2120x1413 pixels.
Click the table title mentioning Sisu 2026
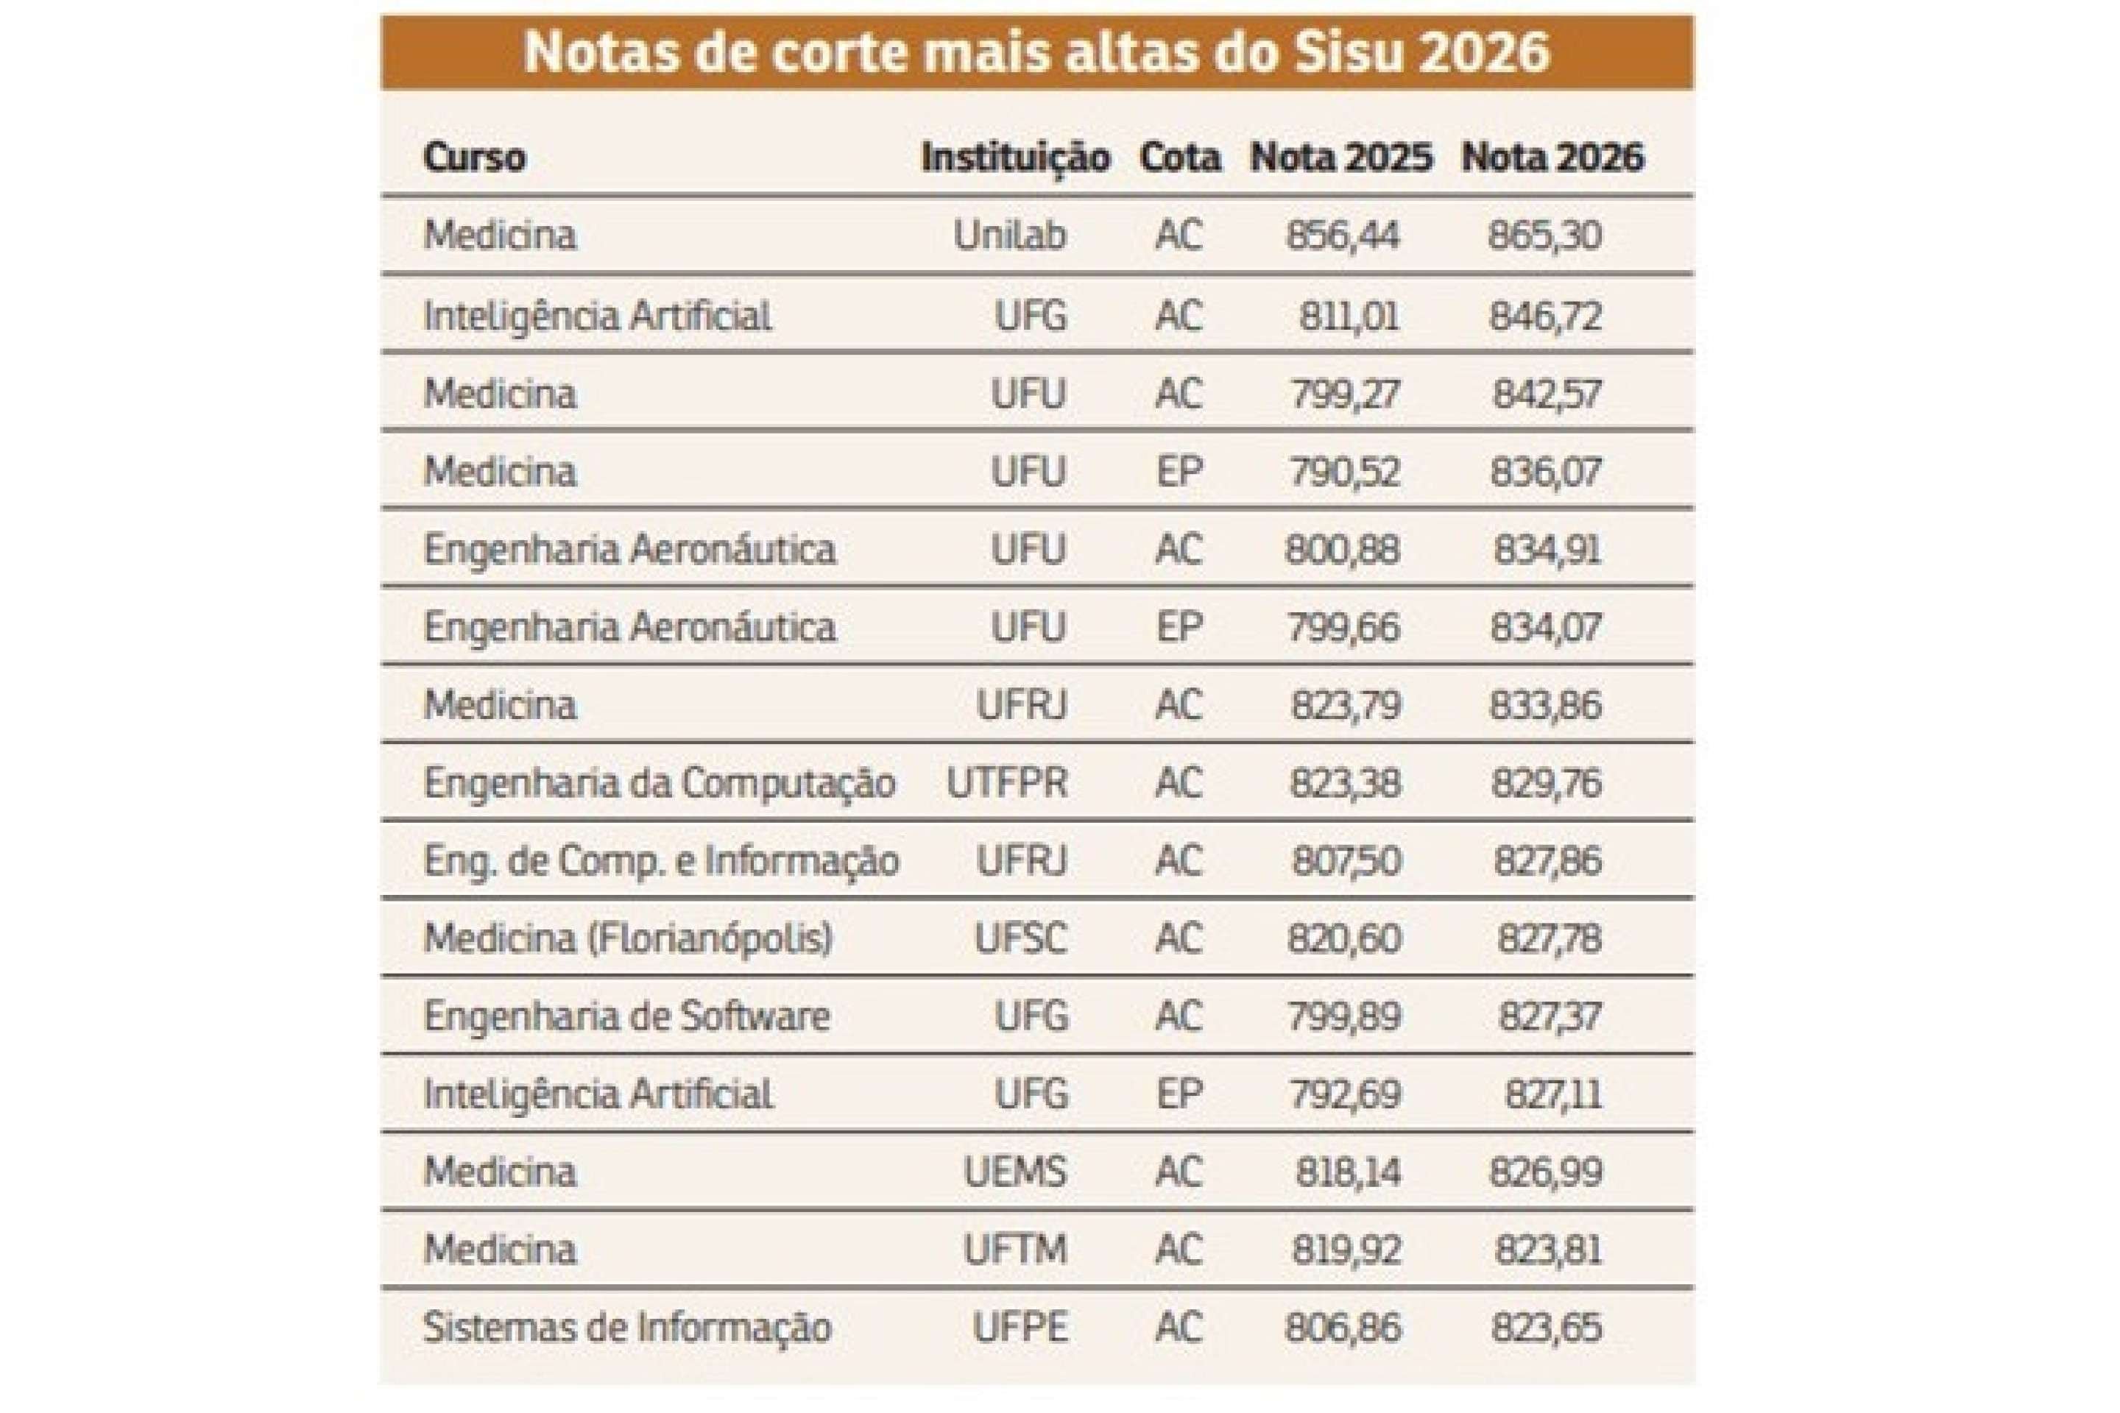(1036, 52)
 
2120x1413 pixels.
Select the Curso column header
(474, 157)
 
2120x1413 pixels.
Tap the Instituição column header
(1015, 157)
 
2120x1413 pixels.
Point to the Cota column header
(1180, 157)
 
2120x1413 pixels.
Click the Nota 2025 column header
(1340, 157)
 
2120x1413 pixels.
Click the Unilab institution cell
(1009, 235)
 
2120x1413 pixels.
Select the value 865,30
(1545, 235)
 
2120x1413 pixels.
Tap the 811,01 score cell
(1349, 316)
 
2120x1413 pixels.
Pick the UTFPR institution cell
(1007, 783)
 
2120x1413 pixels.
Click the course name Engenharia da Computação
(660, 783)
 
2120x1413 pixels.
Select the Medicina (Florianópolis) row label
(628, 939)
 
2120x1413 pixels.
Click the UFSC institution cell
(1020, 939)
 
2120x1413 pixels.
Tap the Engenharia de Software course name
(626, 1016)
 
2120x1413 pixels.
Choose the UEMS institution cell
(1015, 1172)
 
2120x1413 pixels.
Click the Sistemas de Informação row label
(627, 1328)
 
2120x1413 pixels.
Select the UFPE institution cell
(1020, 1328)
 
